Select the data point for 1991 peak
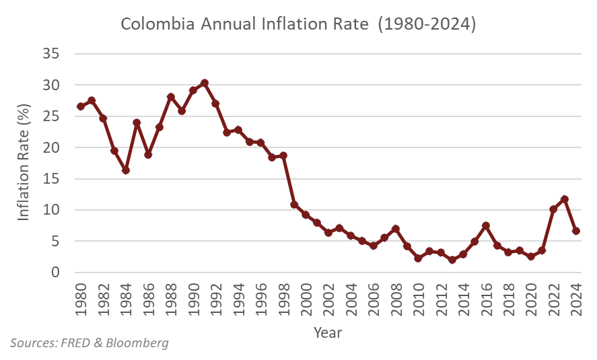[205, 83]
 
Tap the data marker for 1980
[81, 106]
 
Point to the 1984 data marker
[126, 170]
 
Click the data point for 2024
[576, 231]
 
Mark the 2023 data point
[565, 199]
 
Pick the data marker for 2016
[486, 225]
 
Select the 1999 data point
[295, 205]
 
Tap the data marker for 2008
[396, 229]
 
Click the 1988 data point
[171, 97]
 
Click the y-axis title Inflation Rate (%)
[24, 164]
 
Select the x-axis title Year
[328, 332]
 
